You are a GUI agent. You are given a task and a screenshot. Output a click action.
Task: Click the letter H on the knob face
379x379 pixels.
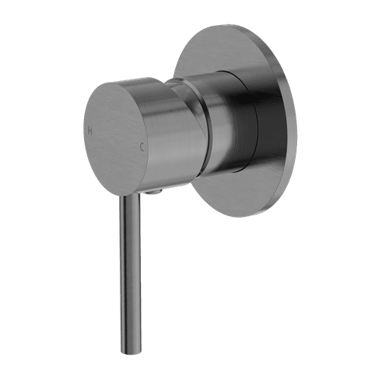90,130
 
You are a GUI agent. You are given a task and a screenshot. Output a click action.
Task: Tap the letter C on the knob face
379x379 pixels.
141,147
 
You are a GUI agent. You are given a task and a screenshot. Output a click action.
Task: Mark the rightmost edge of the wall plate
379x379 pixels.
296,121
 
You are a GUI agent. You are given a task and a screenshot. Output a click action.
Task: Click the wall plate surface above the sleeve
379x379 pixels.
227,49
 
